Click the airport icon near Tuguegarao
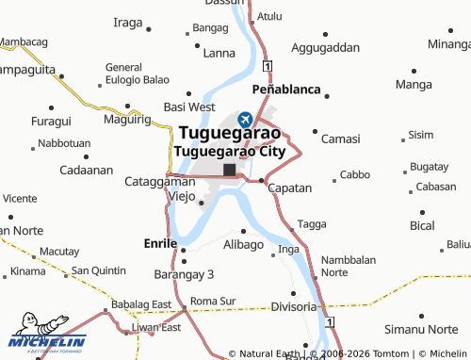pyautogui.click(x=246, y=119)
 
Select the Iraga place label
pyautogui.click(x=127, y=22)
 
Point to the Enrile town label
pyautogui.click(x=159, y=242)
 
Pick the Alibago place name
pyautogui.click(x=243, y=244)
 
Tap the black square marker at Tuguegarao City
pyautogui.click(x=229, y=170)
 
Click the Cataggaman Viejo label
pyautogui.click(x=160, y=188)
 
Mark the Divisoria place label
pyautogui.click(x=293, y=307)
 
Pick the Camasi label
pyautogui.click(x=340, y=139)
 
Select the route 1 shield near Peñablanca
pyautogui.click(x=268, y=65)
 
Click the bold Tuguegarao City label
pyautogui.click(x=230, y=151)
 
